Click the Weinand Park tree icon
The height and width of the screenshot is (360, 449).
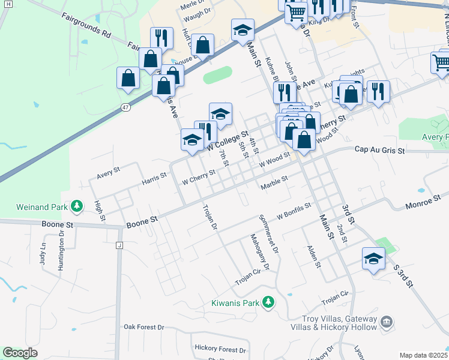(x=77, y=207)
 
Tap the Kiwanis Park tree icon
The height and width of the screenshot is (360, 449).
(x=270, y=302)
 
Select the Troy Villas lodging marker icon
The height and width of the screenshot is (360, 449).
(x=387, y=323)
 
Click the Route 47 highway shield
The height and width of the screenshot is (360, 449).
(x=125, y=107)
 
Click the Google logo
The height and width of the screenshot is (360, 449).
(x=20, y=353)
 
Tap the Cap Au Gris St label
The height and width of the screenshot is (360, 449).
(x=381, y=149)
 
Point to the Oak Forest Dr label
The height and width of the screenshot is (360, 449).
(x=144, y=327)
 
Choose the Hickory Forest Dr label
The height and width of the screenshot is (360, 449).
(x=220, y=349)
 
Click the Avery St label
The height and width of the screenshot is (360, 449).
(x=109, y=173)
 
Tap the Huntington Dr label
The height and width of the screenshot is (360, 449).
(x=61, y=250)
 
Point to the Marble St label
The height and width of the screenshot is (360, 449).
(x=274, y=182)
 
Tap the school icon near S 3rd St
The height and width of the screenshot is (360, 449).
(x=373, y=259)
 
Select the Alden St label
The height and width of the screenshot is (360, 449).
(x=314, y=256)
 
